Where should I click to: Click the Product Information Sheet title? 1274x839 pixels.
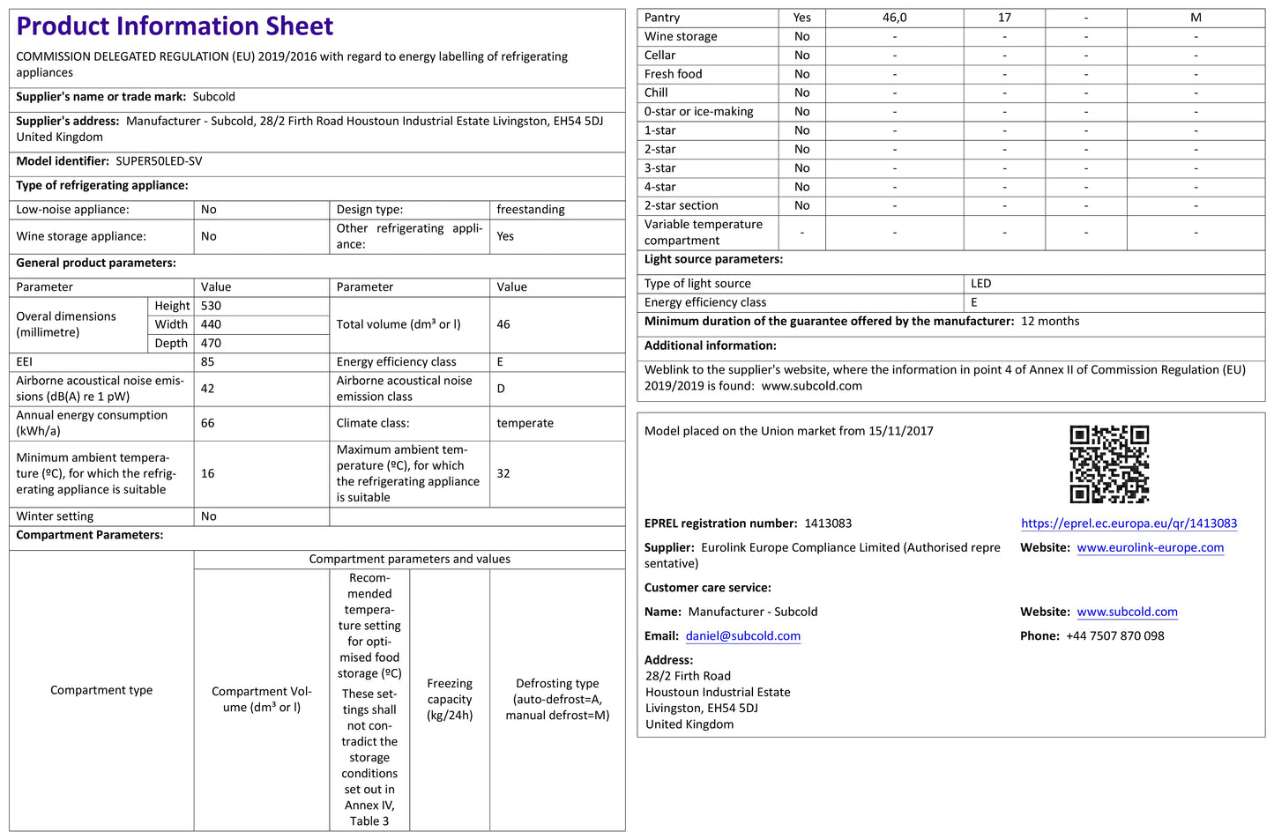[x=175, y=26]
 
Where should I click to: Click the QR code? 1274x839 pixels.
[x=1109, y=464]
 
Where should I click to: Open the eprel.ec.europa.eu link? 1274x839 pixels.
[x=1129, y=523]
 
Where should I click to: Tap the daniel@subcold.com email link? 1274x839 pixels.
[x=743, y=636]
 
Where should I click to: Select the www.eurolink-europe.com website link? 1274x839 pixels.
[x=1150, y=547]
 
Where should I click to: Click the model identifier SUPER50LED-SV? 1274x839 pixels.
[x=159, y=161]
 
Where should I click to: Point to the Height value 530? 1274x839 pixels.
[x=211, y=306]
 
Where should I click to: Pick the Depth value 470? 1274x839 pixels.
[x=211, y=343]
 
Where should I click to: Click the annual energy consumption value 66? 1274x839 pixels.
[x=208, y=423]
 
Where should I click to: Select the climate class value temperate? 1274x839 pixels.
[x=525, y=423]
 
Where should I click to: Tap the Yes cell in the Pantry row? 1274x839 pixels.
[x=801, y=18]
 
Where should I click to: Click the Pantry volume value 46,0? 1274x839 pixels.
[x=894, y=18]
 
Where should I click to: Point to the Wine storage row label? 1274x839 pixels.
[x=681, y=36]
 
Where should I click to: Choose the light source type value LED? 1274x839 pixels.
[x=980, y=284]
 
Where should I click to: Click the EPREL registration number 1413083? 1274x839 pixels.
[x=828, y=523]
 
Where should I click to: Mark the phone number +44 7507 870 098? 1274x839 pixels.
[x=1114, y=636]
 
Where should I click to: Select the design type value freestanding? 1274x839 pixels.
[x=531, y=210]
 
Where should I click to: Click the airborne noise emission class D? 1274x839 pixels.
[x=501, y=389]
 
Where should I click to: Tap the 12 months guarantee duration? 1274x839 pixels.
[x=1050, y=322]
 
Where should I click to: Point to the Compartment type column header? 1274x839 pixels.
[x=101, y=690]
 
